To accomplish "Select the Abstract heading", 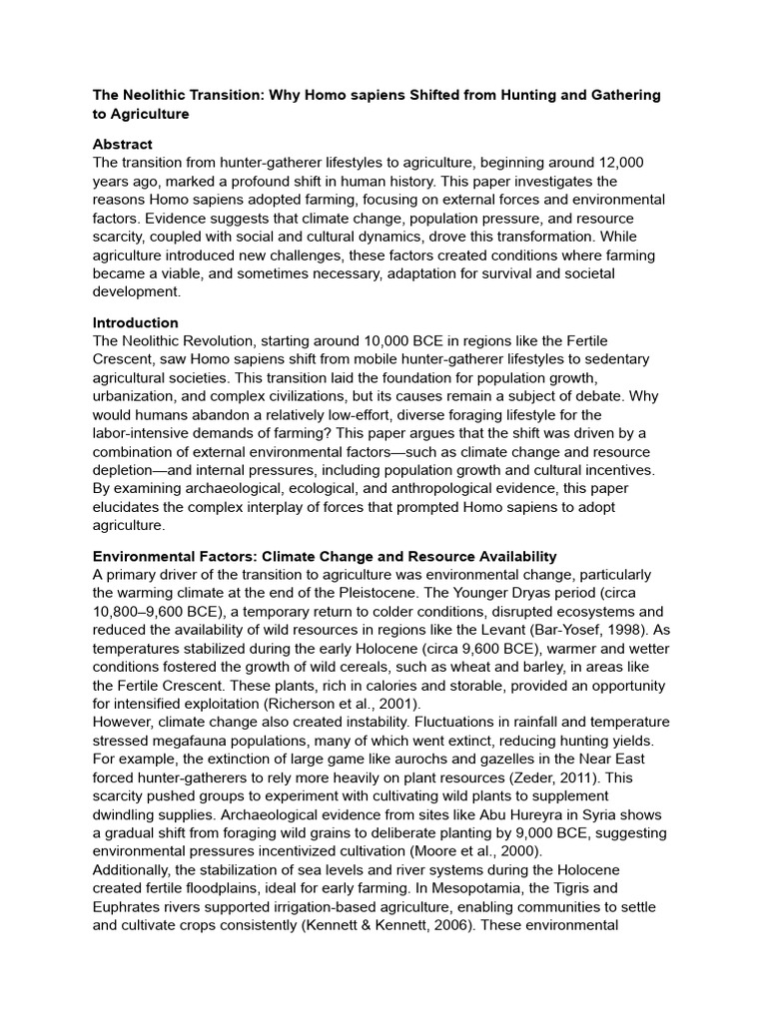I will coord(123,144).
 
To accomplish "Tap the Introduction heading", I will coord(136,322).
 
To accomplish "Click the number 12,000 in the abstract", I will coord(612,162).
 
